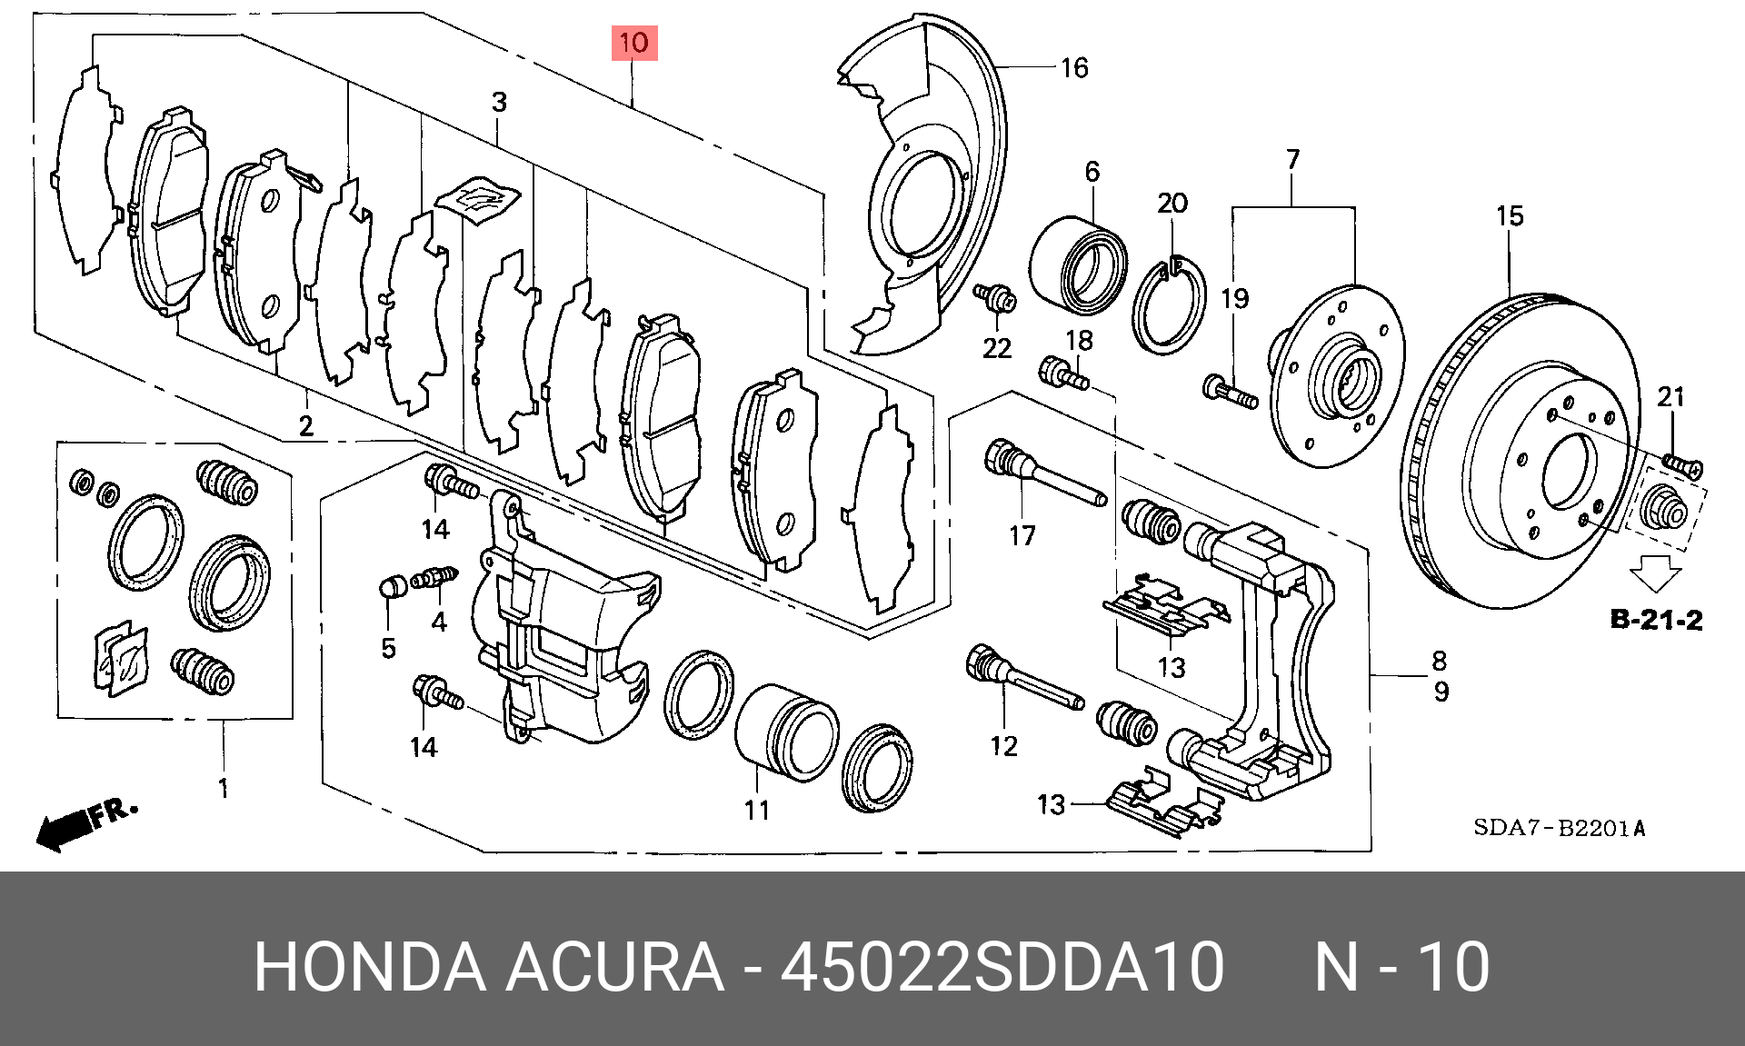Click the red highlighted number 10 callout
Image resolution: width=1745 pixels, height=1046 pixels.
coord(633,43)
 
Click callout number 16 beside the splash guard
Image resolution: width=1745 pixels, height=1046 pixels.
coord(1073,68)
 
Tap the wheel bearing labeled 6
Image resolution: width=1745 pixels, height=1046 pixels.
coord(1079,264)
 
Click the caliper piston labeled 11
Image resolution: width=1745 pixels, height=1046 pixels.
coord(786,732)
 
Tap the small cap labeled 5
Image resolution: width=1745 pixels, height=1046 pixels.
coord(392,586)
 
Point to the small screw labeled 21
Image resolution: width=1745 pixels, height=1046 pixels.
coord(1682,465)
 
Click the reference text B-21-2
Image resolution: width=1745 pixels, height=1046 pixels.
coord(1655,621)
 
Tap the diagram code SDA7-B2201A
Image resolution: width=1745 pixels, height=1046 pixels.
coord(1559,828)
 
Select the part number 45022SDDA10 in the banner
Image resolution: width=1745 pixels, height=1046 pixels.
coord(1002,966)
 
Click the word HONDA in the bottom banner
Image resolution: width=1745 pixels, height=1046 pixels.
coord(369,966)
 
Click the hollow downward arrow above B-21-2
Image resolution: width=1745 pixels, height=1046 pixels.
coord(1655,576)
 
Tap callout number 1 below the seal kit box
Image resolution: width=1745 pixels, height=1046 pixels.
coord(224,788)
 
